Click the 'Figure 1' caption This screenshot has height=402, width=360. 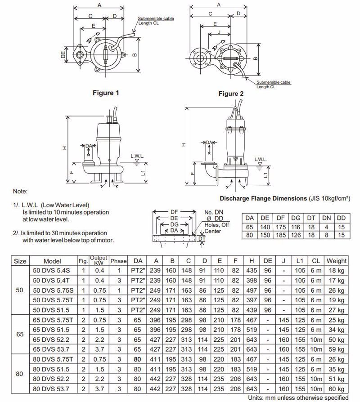pyautogui.click(x=106, y=93)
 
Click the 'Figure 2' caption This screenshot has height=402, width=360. pyautogui.click(x=231, y=94)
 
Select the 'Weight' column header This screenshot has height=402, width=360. pyautogui.click(x=337, y=261)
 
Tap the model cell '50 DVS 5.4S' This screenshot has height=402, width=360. pyautogui.click(x=56, y=270)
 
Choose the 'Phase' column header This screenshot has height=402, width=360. pyautogui.click(x=118, y=261)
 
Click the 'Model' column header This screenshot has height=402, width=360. pyautogui.click(x=56, y=261)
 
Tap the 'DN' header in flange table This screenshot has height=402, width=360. pyautogui.click(x=329, y=218)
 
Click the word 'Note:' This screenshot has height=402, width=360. pyautogui.click(x=21, y=191)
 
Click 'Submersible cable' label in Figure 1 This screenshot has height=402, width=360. pyautogui.click(x=156, y=19)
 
